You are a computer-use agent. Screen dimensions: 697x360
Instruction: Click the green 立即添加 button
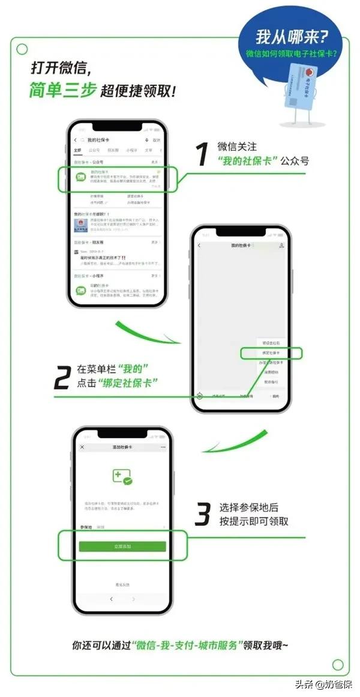point(122,546)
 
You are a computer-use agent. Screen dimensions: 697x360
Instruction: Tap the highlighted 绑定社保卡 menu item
point(269,353)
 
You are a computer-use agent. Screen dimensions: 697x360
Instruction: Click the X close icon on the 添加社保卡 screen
point(82,447)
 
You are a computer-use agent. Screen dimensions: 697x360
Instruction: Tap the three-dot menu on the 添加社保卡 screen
point(163,447)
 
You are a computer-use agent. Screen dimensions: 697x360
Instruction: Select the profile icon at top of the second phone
point(281,246)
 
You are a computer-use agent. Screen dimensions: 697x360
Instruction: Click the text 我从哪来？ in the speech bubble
point(292,38)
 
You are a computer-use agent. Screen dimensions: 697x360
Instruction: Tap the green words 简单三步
point(61,90)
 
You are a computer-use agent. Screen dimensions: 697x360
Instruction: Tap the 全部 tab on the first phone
point(77,150)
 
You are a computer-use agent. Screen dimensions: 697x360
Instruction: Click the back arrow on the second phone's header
point(199,246)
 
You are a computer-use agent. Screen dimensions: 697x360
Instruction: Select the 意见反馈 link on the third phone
point(122,584)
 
